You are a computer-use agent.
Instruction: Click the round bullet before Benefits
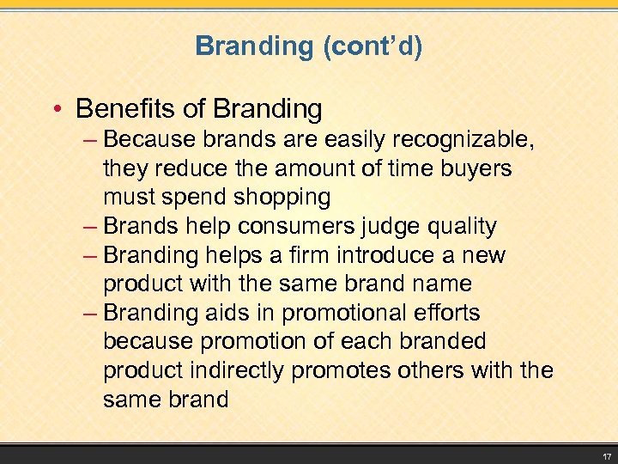tap(57, 110)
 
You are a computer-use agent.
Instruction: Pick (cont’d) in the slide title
tap(373, 46)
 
